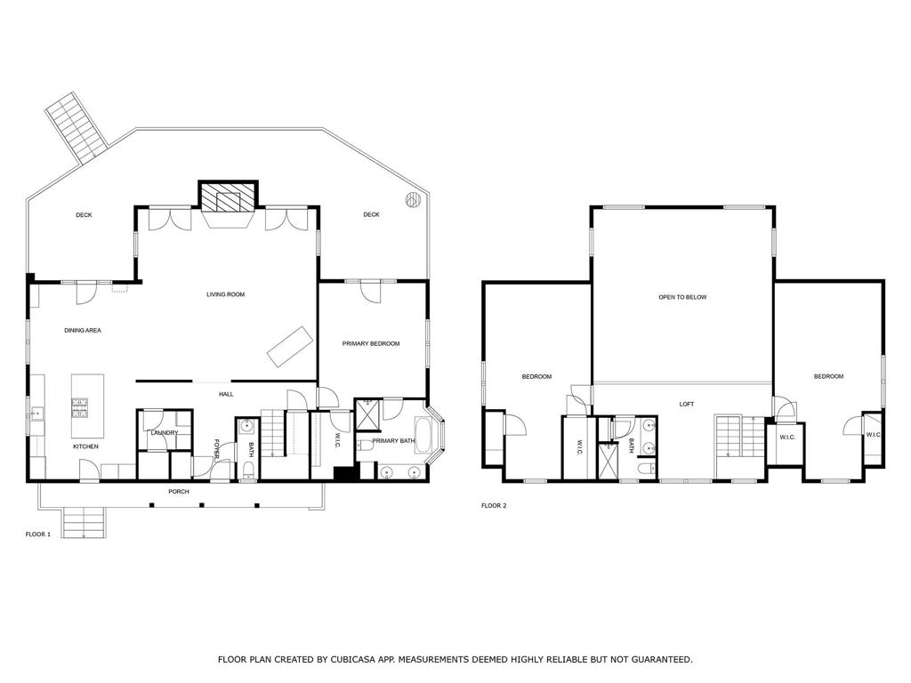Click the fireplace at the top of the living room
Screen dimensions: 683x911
(227, 197)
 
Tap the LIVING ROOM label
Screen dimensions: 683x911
(225, 294)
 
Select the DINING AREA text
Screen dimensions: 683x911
(83, 331)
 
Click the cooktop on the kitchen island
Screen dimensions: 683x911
(80, 407)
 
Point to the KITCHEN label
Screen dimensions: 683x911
(85, 446)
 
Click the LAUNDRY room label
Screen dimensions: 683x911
(165, 433)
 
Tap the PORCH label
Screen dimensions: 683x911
(179, 491)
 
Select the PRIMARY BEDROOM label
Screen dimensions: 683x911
(371, 343)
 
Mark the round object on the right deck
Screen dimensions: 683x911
(413, 199)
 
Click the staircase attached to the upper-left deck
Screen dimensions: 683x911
(76, 128)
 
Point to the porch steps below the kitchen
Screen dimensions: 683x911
(83, 522)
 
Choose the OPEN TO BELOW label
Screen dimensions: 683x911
(682, 297)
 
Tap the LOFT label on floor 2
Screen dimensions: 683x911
(686, 405)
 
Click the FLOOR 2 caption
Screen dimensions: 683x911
(494, 506)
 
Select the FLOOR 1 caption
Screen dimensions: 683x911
(38, 534)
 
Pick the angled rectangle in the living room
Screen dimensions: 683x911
(289, 345)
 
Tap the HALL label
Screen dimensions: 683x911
(226, 394)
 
